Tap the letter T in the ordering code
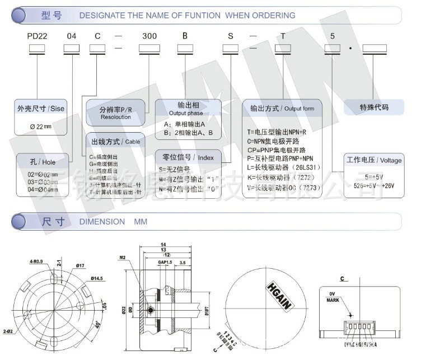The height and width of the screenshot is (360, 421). (283, 35)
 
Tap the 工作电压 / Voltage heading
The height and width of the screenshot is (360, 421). (374, 160)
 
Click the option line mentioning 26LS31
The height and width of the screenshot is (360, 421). (283, 167)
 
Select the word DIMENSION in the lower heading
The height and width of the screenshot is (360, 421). (102, 222)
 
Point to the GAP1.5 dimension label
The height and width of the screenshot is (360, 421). (165, 262)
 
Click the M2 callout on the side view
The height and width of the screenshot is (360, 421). (123, 258)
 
